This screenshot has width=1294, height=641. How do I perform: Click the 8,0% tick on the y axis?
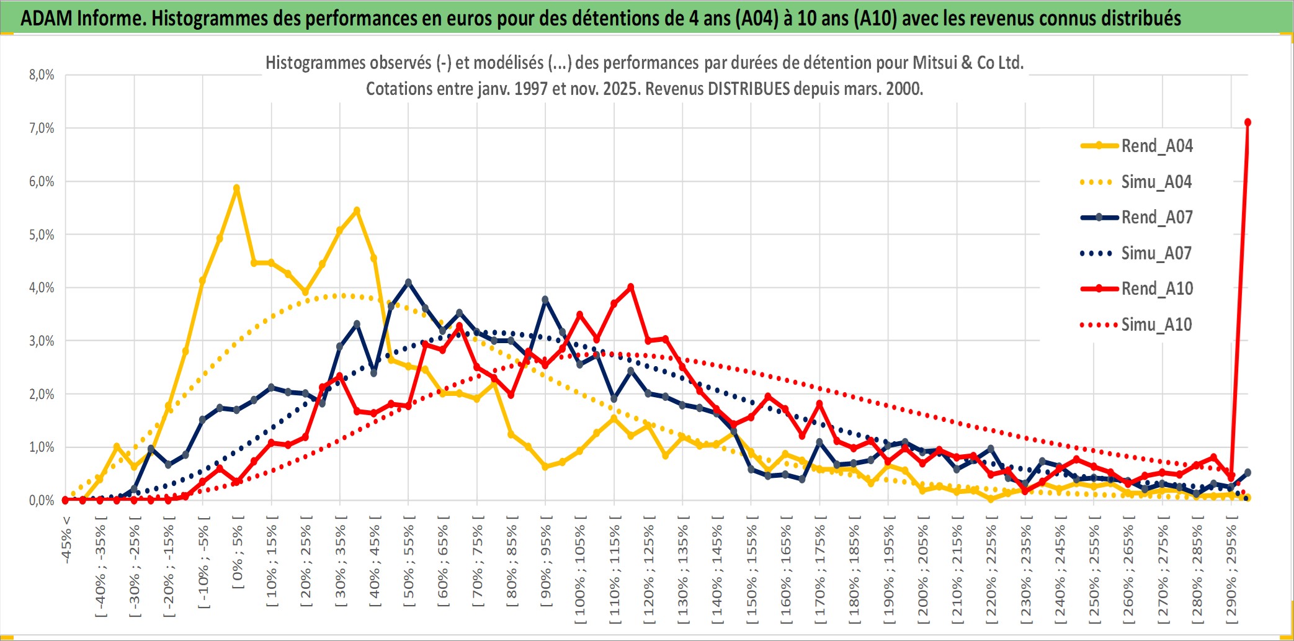[42, 75]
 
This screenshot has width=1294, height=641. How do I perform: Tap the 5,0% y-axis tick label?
[42, 235]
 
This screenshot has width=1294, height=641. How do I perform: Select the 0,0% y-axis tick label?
[42, 500]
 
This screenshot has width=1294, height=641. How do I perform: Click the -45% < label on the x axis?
[66, 540]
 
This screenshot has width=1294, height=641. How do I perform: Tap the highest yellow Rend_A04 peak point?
[236, 188]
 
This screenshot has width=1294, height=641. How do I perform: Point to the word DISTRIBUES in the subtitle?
[749, 89]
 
